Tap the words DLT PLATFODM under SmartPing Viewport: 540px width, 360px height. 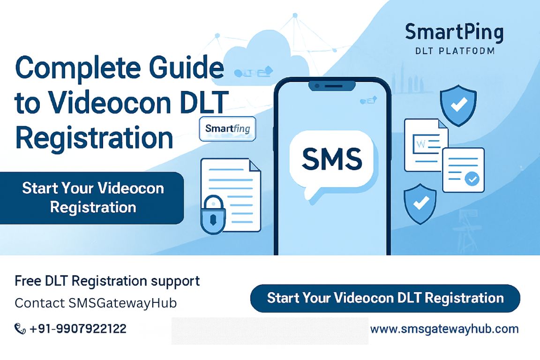pos(455,51)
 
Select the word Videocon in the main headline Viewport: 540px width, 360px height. pos(113,103)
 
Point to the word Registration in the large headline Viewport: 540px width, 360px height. pos(94,138)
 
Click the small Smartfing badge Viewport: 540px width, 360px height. pos(227,128)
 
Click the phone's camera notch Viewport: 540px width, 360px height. pos(332,86)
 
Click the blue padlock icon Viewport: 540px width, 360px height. pos(213,217)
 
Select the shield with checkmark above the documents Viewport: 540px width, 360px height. pos(458,106)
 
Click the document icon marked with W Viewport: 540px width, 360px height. pos(425,144)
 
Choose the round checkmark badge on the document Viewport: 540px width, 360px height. pos(472,179)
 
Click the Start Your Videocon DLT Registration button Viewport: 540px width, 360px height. pos(385,298)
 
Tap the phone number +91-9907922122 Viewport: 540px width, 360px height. pos(78,329)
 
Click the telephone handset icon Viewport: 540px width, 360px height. pos(20,329)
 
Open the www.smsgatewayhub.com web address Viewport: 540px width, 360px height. pos(444,329)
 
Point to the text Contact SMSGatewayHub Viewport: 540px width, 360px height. pos(96,303)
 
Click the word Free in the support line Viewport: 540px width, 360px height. pos(29,281)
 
